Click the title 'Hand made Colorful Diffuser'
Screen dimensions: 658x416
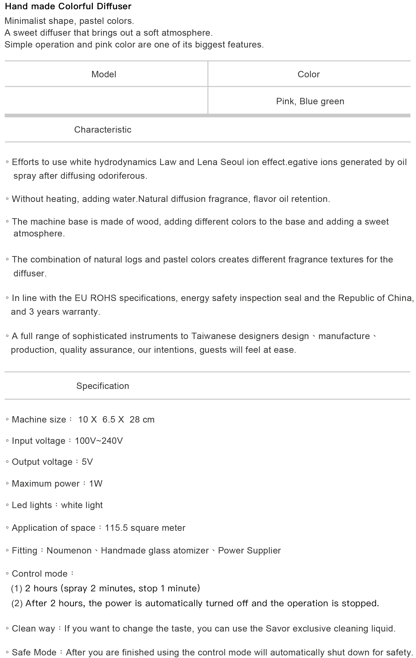pos(68,6)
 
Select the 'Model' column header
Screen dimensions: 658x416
pos(104,74)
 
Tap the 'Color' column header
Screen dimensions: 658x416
pos(309,74)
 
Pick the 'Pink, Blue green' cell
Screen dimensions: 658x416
pos(310,101)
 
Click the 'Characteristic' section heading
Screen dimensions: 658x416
pos(103,130)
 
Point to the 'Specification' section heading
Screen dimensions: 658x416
pos(103,386)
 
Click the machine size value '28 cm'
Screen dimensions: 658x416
pos(142,419)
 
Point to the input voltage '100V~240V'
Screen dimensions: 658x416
pos(99,441)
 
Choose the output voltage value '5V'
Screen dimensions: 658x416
pos(87,462)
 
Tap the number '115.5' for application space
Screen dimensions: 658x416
pos(116,528)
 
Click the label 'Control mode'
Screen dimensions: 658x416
pos(40,574)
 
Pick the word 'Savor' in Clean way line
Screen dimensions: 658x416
pos(278,628)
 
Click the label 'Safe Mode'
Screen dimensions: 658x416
pos(34,652)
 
